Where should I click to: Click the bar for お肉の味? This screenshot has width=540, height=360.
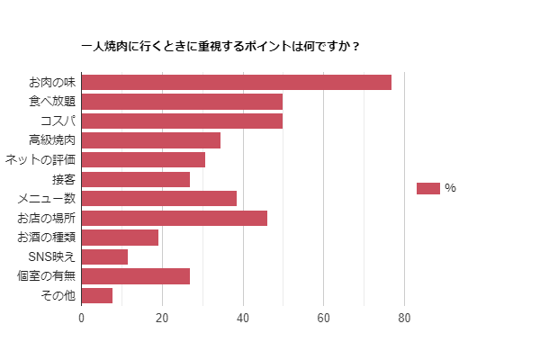236,82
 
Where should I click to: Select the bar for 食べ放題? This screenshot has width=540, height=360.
182,102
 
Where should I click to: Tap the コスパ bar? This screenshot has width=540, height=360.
182,121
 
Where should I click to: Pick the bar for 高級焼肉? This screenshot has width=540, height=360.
150,140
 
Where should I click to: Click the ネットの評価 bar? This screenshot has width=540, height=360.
143,159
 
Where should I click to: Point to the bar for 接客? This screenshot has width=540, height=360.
135,179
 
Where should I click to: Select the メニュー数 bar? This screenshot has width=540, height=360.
158,198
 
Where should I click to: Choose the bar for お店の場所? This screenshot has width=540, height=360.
174,218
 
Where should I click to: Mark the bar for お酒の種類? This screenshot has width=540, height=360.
120,238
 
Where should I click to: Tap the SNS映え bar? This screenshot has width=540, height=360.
104,256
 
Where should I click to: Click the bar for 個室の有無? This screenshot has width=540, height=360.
135,276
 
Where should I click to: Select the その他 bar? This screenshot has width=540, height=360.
96,295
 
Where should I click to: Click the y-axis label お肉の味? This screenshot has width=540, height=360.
52,82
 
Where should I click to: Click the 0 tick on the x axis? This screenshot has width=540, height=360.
81,318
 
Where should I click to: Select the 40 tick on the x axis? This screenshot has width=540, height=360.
243,318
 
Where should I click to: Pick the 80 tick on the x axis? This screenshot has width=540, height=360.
404,318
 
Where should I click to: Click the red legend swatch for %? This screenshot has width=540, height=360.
428,188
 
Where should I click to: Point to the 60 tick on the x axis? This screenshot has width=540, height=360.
323,318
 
